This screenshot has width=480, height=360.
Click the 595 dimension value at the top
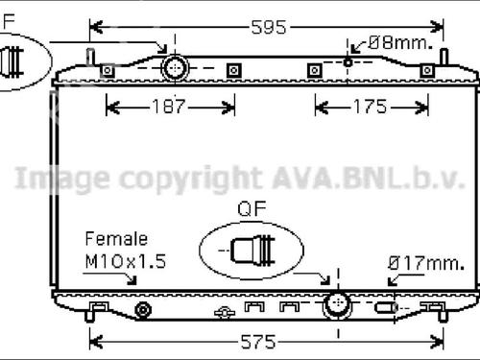point(269,27)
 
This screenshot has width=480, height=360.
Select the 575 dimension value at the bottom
point(258,342)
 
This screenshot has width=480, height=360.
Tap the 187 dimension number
point(169,107)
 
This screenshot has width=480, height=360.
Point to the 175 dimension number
point(370,107)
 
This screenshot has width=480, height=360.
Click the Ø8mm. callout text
point(400,42)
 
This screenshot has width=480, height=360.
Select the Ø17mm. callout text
point(426,263)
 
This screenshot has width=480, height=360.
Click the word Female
point(116,239)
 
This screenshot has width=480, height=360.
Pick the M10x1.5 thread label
point(126,261)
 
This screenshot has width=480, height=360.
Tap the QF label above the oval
point(252,208)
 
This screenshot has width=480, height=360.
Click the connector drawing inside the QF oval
point(252,251)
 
